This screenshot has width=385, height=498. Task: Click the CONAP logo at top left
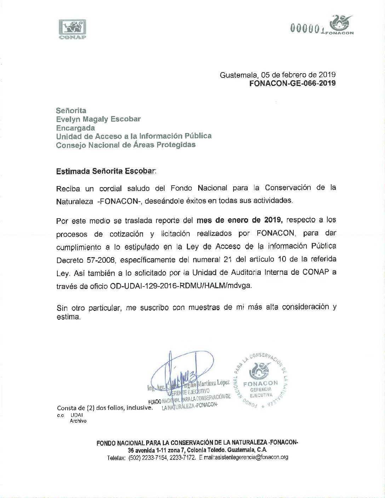(72, 29)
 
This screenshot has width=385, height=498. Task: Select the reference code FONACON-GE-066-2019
(292, 83)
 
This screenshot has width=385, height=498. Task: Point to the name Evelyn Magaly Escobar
(98, 119)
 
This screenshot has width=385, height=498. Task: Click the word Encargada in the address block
(75, 128)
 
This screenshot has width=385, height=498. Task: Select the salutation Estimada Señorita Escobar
(105, 172)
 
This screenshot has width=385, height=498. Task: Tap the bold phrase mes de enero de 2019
(240, 220)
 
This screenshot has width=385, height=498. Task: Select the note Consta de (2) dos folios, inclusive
(105, 408)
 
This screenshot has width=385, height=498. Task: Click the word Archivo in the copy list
(78, 421)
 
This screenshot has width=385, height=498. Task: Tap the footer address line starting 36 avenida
(197, 450)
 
